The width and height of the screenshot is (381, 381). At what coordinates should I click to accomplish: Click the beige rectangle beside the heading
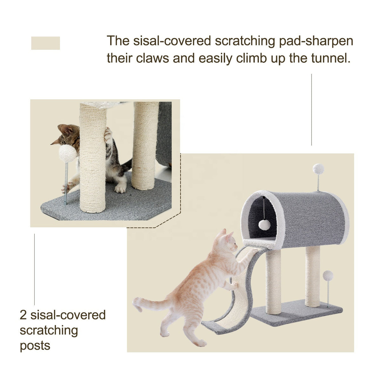[45, 43]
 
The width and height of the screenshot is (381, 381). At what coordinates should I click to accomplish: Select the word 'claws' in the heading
[153, 58]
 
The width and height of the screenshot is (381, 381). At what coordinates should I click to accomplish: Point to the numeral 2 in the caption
[23, 315]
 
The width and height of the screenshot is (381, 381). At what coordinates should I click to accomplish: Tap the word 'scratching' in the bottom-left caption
[49, 330]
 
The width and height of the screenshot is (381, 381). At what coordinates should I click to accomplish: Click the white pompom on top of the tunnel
[318, 169]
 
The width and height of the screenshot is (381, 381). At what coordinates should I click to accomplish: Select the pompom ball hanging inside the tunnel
[264, 224]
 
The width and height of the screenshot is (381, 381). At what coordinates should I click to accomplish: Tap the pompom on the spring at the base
[328, 276]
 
